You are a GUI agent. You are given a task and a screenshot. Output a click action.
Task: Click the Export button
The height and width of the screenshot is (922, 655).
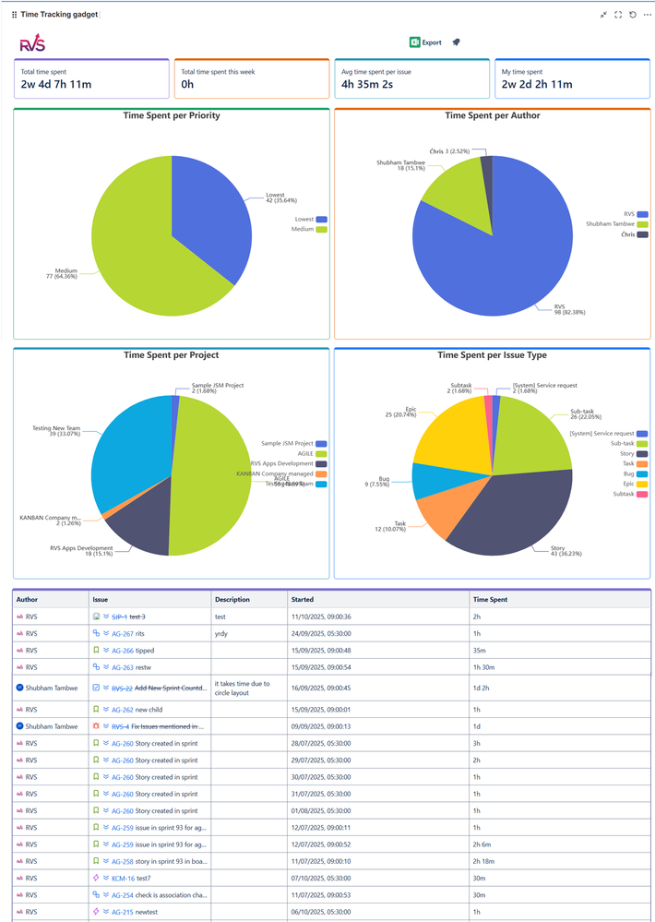[425, 42]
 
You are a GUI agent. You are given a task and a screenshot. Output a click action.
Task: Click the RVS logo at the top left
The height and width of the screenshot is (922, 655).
[32, 43]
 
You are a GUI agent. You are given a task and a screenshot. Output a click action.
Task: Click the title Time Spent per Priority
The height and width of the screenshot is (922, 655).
[172, 116]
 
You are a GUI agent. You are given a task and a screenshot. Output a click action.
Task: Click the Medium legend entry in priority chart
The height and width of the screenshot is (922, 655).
[308, 229]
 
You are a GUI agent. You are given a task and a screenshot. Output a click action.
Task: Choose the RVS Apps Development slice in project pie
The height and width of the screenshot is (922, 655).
[138, 526]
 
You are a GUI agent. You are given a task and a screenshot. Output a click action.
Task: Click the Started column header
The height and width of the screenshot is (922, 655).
[303, 599]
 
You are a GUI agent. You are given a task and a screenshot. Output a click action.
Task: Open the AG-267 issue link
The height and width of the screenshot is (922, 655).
[122, 633]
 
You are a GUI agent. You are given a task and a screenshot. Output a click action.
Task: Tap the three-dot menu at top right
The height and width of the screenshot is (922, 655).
[647, 15]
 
